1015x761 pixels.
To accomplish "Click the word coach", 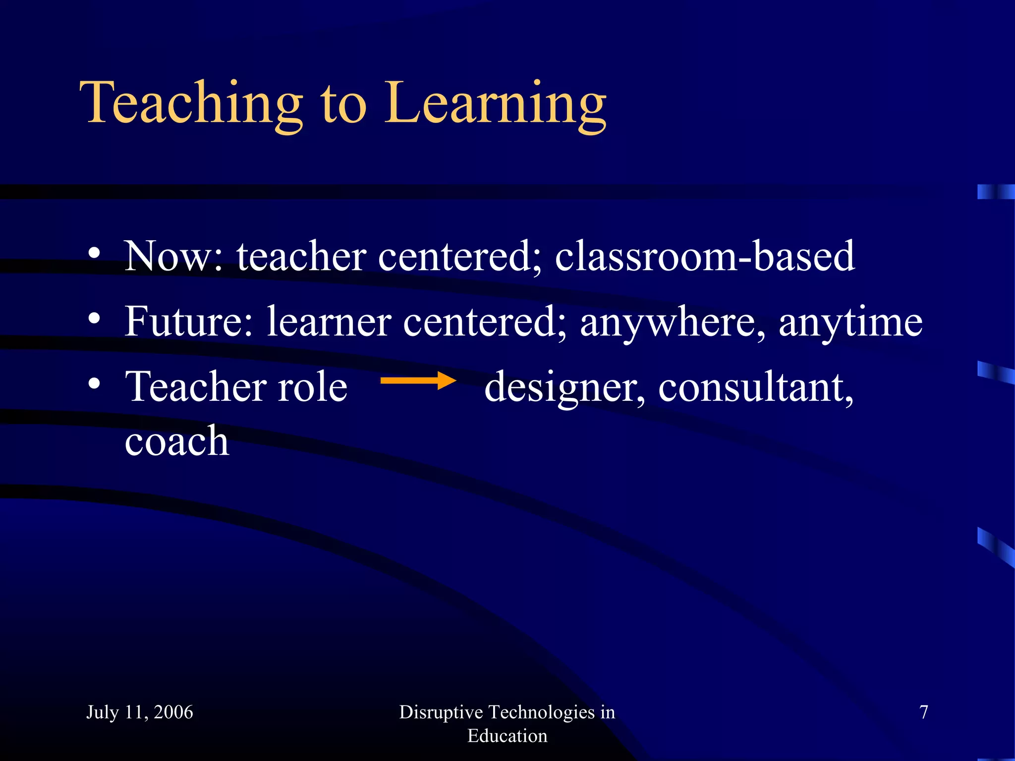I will [176, 440].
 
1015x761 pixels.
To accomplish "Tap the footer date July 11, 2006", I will [140, 712].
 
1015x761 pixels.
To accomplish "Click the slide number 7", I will [923, 712].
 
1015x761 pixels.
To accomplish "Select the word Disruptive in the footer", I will [441, 712].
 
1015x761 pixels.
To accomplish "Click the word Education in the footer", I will [507, 736].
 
